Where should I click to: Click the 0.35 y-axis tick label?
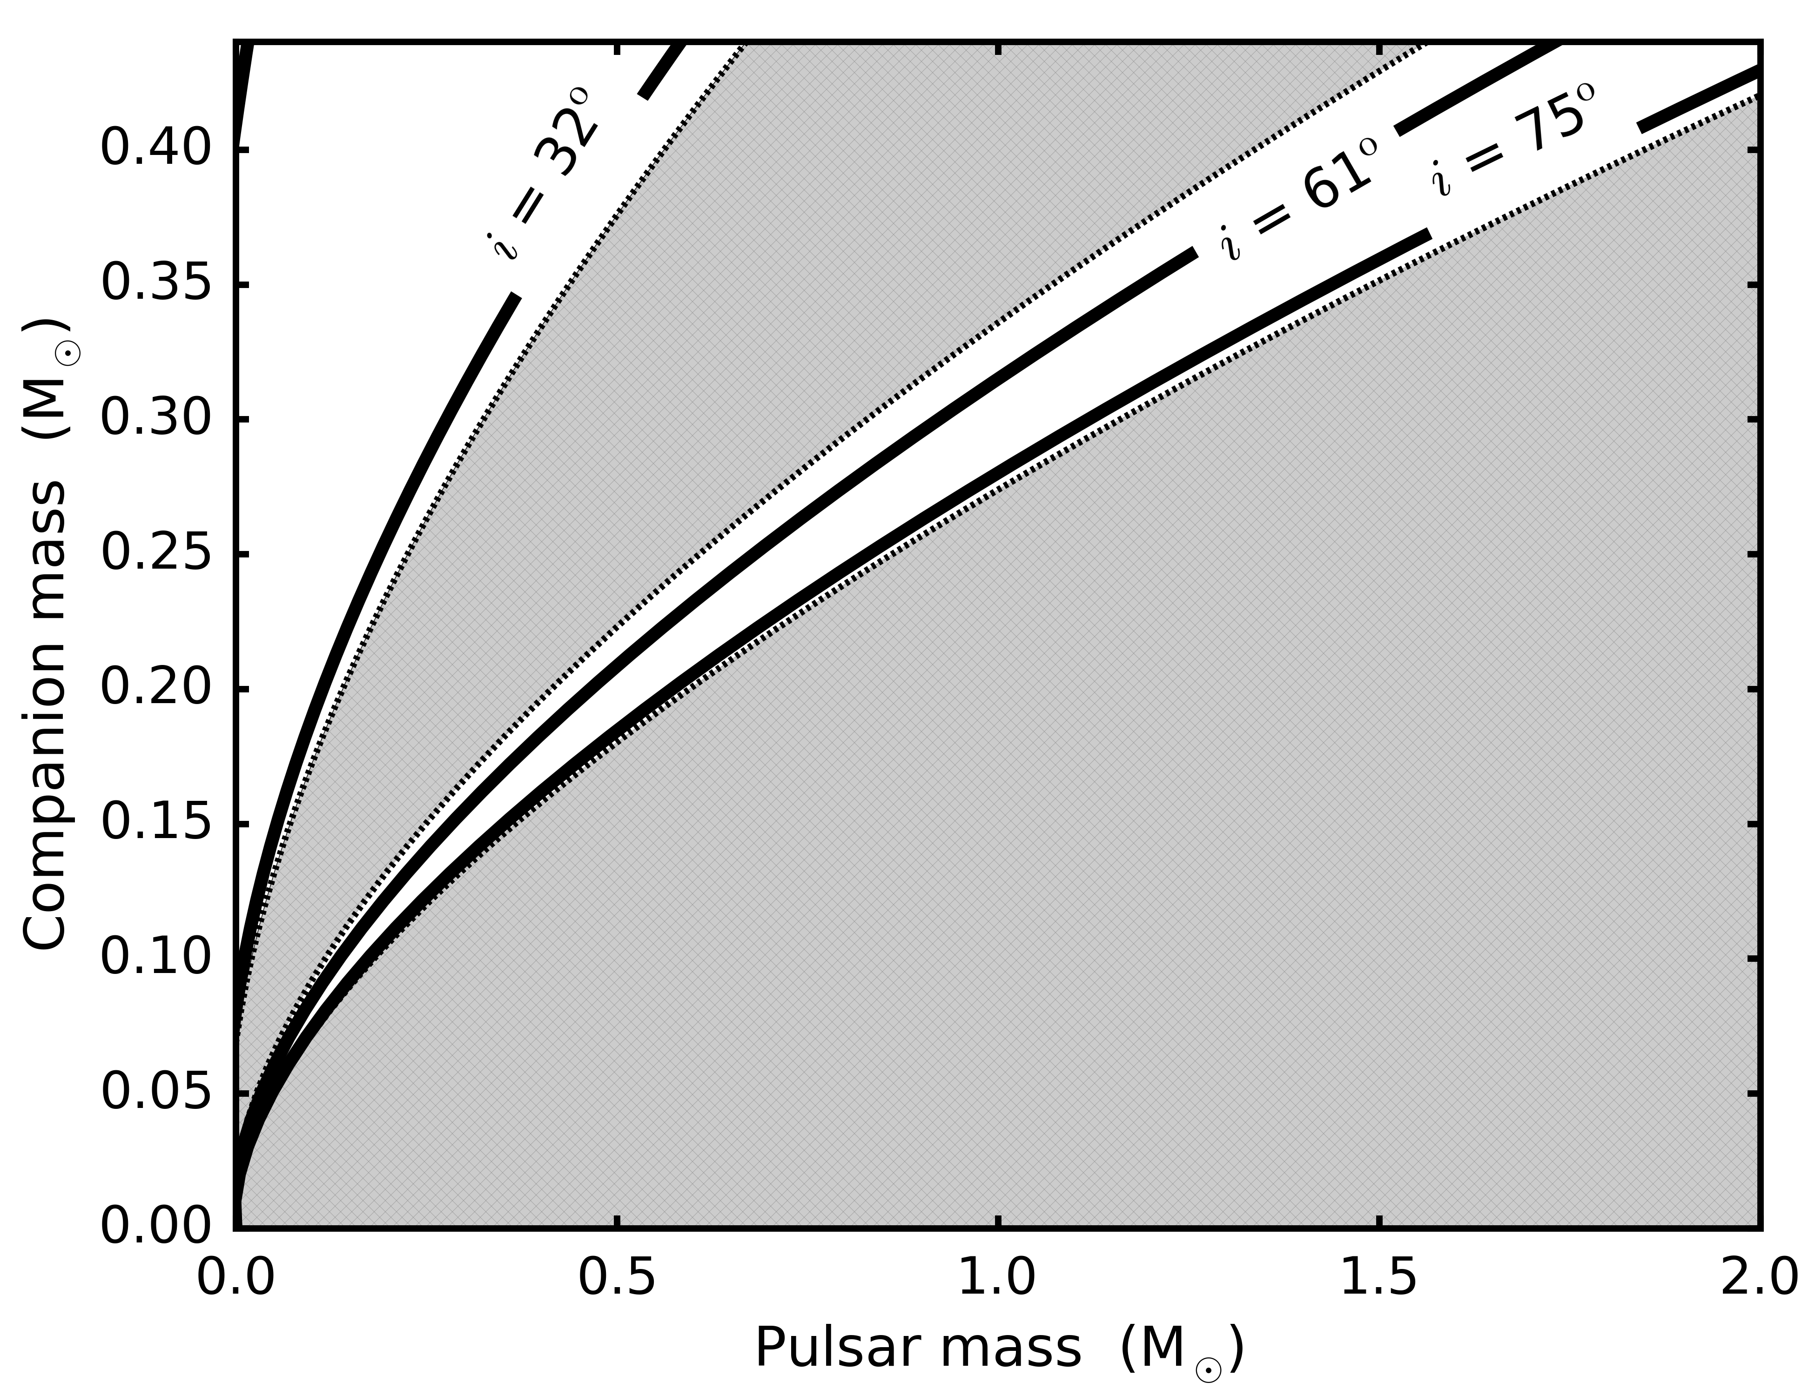(155, 285)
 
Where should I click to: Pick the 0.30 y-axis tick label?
(155, 420)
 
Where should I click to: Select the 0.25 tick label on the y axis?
(155, 554)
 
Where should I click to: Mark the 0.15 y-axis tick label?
(155, 824)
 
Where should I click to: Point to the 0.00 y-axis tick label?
(155, 1228)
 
